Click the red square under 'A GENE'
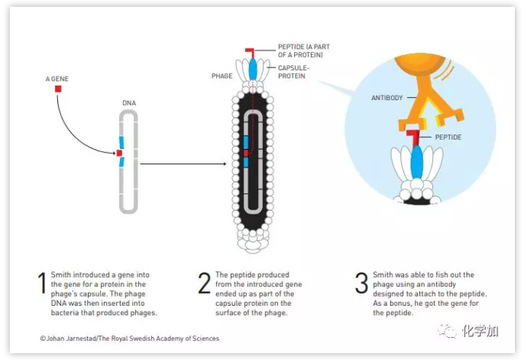click(x=57, y=89)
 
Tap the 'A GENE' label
click(x=58, y=78)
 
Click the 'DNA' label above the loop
click(x=129, y=102)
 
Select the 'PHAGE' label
click(x=222, y=76)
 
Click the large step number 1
click(x=41, y=284)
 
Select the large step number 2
click(x=204, y=284)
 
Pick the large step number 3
click(x=361, y=284)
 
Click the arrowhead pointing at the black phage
click(x=224, y=164)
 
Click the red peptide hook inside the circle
click(x=413, y=138)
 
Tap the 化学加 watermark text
click(x=480, y=330)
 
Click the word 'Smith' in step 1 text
click(x=62, y=274)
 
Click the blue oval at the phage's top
click(x=253, y=69)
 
